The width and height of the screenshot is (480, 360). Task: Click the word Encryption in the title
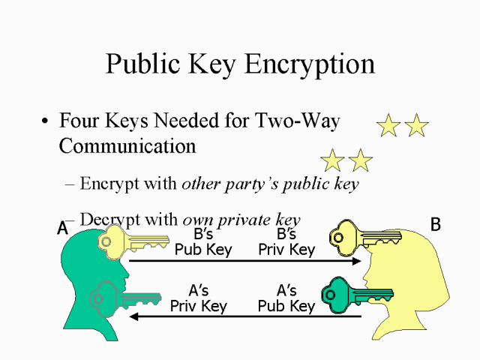310,64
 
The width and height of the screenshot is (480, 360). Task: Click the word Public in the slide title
142,64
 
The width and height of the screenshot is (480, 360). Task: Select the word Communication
127,145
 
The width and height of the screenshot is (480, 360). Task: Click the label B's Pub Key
203,242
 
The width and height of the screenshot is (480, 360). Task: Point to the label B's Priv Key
286,242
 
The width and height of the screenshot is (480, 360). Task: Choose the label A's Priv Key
199,298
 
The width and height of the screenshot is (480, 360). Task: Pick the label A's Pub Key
286,298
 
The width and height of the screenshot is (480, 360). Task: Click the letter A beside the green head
62,228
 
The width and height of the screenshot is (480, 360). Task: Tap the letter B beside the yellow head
436,224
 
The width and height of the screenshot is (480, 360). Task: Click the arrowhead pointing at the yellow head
357,261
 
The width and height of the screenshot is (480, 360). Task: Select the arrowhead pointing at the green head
134,316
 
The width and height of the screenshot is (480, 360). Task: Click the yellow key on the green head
133,241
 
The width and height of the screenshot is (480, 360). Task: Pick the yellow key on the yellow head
365,238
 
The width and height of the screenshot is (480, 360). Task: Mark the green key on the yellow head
357,295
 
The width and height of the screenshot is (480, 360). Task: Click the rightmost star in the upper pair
417,125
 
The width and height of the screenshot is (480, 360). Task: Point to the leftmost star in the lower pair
332,160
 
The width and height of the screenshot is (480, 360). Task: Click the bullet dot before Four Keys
45,121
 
